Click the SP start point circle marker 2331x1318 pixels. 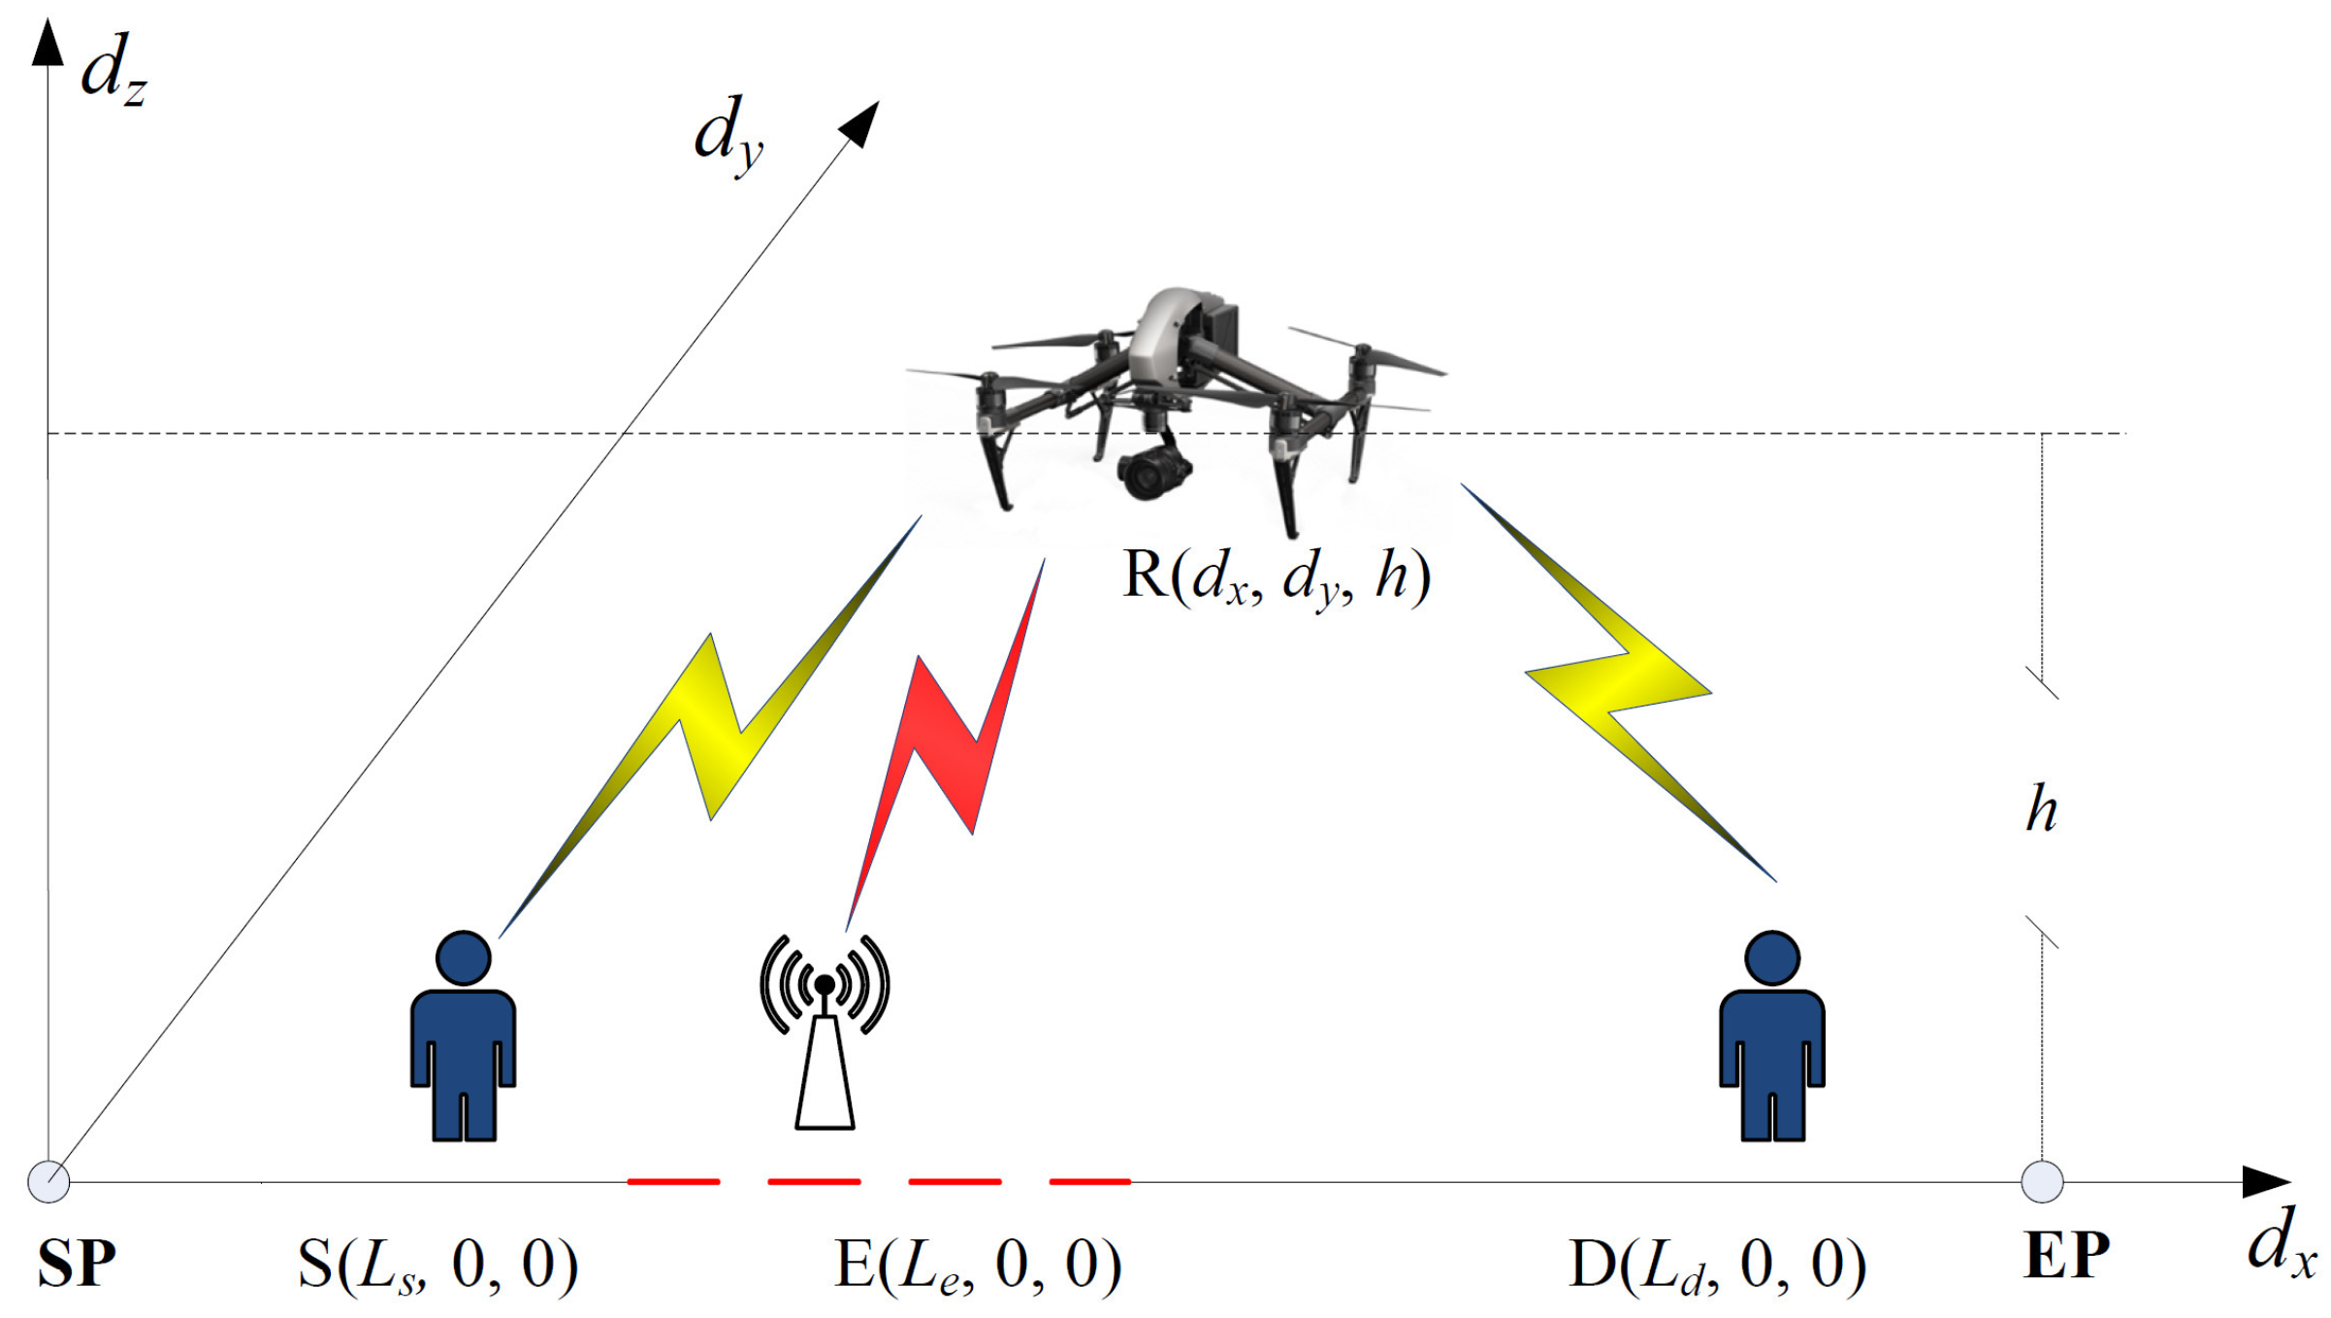coord(49,1181)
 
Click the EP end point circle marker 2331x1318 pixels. coord(2042,1181)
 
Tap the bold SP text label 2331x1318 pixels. coord(76,1263)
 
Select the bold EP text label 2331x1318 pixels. coord(2066,1256)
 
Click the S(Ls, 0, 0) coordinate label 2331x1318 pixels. coord(437,1265)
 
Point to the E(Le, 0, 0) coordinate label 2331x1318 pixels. coord(977,1265)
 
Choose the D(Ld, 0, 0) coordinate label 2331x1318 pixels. coord(1717,1265)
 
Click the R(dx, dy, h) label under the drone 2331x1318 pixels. coord(1276,577)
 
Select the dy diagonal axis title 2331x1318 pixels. coord(728,136)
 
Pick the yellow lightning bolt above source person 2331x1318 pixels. coord(713,728)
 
